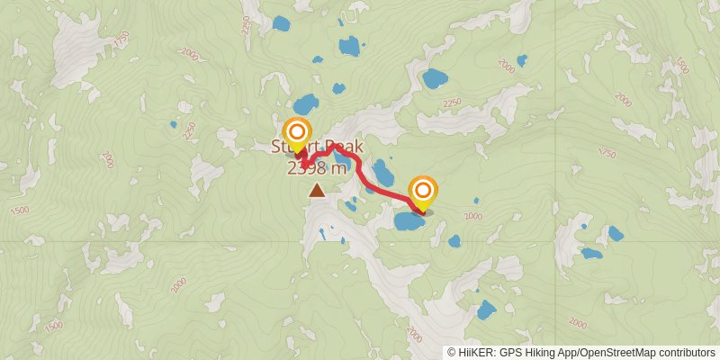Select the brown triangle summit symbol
click(x=317, y=190)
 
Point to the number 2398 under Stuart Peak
click(x=307, y=167)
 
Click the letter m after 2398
click(x=338, y=167)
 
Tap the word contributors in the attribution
click(x=685, y=353)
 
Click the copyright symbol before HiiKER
click(x=452, y=353)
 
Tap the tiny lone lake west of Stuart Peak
click(x=173, y=124)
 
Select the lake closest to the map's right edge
click(x=616, y=233)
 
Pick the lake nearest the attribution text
click(x=486, y=311)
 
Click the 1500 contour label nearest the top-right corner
click(x=682, y=65)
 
